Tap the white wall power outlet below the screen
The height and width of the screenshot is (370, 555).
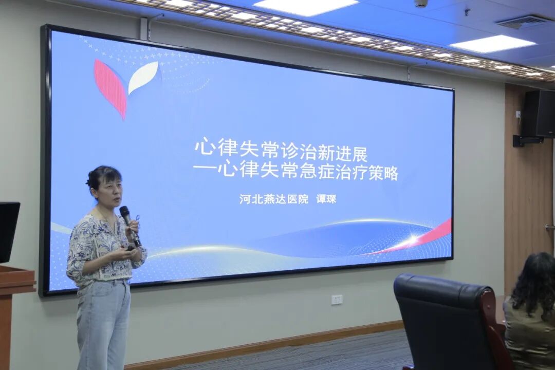[x=337, y=300]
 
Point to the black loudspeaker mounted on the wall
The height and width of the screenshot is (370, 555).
[x=538, y=114]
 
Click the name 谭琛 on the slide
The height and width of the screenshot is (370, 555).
[x=326, y=199]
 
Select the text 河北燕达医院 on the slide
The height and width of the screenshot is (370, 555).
[x=273, y=199]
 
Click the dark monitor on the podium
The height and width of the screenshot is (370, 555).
[x=9, y=231]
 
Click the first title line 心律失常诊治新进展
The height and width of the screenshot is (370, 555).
[x=281, y=149]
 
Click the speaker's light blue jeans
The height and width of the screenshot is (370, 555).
[x=103, y=324]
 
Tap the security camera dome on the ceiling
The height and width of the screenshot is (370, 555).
[x=421, y=3]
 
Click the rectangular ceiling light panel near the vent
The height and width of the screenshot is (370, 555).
[x=492, y=44]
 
